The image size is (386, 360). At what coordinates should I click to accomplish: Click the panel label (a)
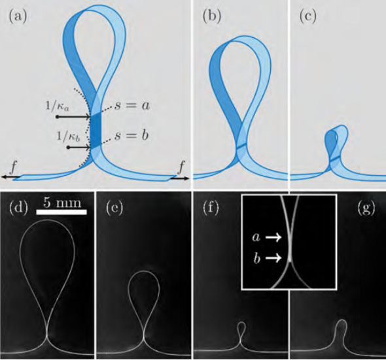click(18, 17)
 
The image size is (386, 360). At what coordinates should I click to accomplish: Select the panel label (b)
click(212, 17)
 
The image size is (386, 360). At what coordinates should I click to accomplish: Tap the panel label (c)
click(307, 17)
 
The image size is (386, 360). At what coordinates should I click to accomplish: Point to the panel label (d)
click(18, 208)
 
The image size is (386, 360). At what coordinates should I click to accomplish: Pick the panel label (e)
click(114, 208)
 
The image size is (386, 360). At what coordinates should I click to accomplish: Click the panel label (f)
click(211, 208)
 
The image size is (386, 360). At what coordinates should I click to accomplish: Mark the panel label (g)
click(366, 208)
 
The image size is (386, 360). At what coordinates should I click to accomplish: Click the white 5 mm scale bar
click(61, 212)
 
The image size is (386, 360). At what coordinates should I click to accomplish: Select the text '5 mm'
click(62, 203)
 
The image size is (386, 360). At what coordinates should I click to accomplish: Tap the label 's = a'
click(132, 106)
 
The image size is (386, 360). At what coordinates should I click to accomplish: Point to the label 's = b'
click(132, 135)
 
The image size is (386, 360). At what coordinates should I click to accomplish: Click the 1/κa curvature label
click(58, 106)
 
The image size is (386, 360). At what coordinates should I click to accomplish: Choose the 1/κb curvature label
click(69, 136)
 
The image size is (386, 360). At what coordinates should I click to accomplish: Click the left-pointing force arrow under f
click(11, 177)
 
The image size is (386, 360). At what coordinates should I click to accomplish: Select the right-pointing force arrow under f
click(179, 178)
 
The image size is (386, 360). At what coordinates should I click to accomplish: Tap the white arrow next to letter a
click(273, 238)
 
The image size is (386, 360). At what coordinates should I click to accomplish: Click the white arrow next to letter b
click(273, 258)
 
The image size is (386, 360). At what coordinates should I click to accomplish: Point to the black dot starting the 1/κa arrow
click(58, 117)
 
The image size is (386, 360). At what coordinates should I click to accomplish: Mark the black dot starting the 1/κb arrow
click(69, 147)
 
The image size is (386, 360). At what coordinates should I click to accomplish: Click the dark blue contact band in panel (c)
click(335, 158)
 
